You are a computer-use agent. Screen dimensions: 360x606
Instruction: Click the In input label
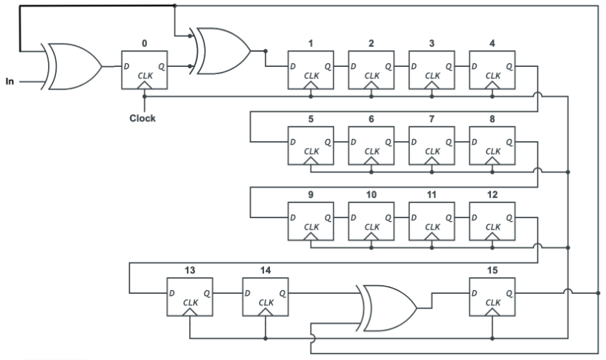9,81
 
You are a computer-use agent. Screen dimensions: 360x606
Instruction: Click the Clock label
143,118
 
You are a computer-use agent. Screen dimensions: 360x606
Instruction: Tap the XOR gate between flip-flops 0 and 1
221,52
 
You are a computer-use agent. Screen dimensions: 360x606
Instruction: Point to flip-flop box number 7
432,146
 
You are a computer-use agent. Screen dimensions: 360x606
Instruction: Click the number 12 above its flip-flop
493,195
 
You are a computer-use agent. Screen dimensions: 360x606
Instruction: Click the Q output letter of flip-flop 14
282,293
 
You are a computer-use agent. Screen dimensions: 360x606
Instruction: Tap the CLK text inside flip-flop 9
311,227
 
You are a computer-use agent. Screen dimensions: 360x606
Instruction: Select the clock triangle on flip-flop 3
433,86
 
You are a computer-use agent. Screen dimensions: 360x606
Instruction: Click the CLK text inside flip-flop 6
372,151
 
